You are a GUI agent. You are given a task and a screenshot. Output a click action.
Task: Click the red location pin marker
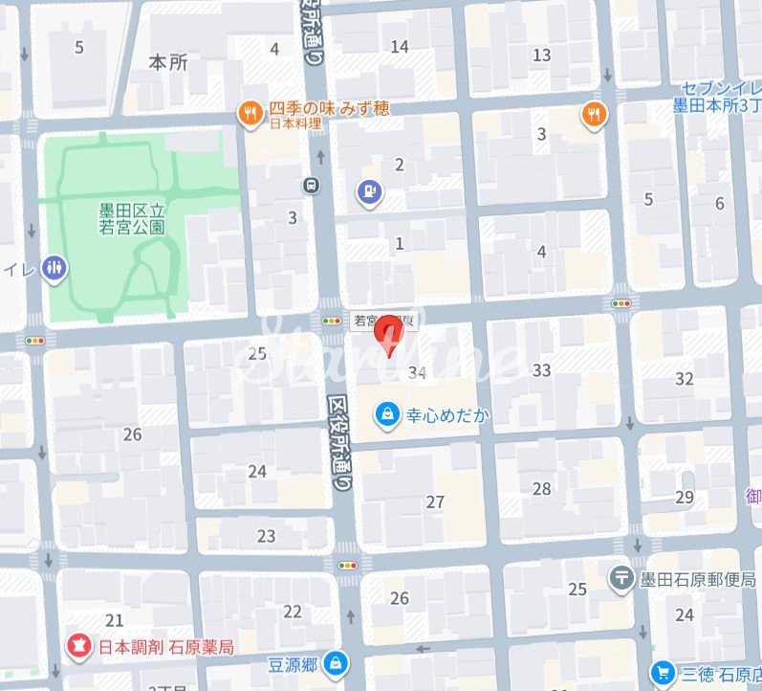click(x=387, y=336)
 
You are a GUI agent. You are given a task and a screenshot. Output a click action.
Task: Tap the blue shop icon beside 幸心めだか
click(x=386, y=413)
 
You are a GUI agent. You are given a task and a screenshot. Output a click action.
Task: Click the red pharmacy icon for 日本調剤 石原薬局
click(x=78, y=648)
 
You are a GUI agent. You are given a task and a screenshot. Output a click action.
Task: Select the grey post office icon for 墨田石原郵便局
click(x=622, y=578)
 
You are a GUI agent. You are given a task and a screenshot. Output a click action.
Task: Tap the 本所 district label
click(x=169, y=62)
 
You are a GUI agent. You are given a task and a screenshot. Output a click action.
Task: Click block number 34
click(x=416, y=372)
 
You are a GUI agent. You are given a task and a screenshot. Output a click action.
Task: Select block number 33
click(x=542, y=370)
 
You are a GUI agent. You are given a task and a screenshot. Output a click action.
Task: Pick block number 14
click(x=400, y=46)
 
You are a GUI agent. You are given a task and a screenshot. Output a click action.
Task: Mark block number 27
click(x=436, y=502)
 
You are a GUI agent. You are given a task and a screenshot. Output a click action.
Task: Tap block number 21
click(x=115, y=620)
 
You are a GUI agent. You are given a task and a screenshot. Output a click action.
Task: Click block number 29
click(x=684, y=497)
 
